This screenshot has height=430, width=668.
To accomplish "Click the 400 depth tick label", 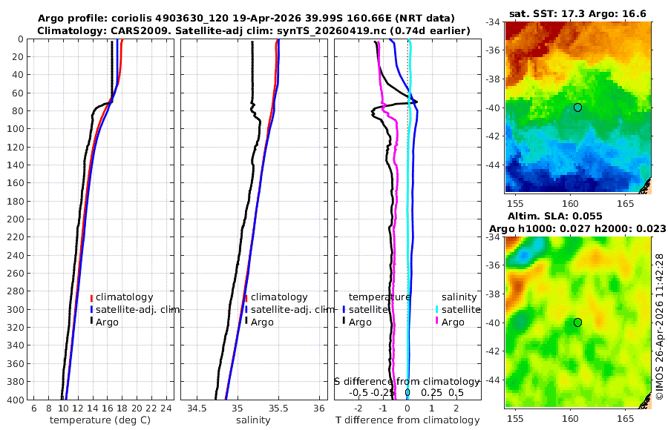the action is (x=16, y=400).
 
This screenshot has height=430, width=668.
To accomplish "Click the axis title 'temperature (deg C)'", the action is (x=100, y=420).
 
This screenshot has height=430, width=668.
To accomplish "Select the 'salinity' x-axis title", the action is (x=253, y=420).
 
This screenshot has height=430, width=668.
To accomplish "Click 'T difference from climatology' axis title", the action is (x=407, y=420).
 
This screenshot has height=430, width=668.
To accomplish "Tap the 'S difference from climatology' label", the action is (x=407, y=382).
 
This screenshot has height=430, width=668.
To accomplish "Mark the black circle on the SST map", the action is (x=577, y=107).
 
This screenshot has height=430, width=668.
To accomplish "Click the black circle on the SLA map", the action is (x=577, y=322).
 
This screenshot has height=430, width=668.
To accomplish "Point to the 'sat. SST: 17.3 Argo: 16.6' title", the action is (x=577, y=14).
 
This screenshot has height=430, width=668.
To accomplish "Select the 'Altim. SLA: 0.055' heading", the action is (x=555, y=216).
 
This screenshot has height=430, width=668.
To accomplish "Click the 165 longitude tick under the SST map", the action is (x=626, y=204).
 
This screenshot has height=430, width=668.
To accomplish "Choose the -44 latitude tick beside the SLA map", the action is (x=495, y=380).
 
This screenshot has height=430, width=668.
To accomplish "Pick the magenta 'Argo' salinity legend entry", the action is (x=451, y=322).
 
